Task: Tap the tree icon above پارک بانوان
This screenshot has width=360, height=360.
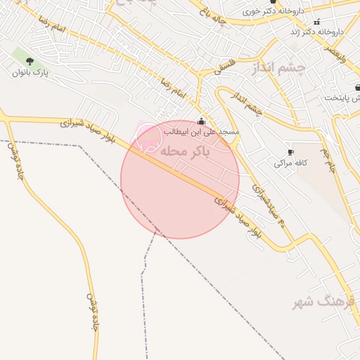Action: pyautogui.click(x=30, y=62)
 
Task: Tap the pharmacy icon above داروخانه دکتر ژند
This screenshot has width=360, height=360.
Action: pyautogui.click(x=316, y=22)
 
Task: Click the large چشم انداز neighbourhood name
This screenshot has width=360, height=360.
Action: pyautogui.click(x=279, y=67)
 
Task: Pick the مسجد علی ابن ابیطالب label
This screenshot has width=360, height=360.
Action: pyautogui.click(x=202, y=131)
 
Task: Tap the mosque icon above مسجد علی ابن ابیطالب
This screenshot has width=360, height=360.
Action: pyautogui.click(x=202, y=121)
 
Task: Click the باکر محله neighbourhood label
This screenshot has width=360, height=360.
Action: pyautogui.click(x=186, y=150)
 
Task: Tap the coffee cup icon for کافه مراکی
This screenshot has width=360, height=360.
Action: pyautogui.click(x=290, y=153)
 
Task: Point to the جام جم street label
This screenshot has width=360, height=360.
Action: pyautogui.click(x=328, y=160)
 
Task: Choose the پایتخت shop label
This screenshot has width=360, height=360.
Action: pyautogui.click(x=345, y=97)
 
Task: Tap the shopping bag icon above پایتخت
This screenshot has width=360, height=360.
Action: pyautogui.click(x=357, y=88)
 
